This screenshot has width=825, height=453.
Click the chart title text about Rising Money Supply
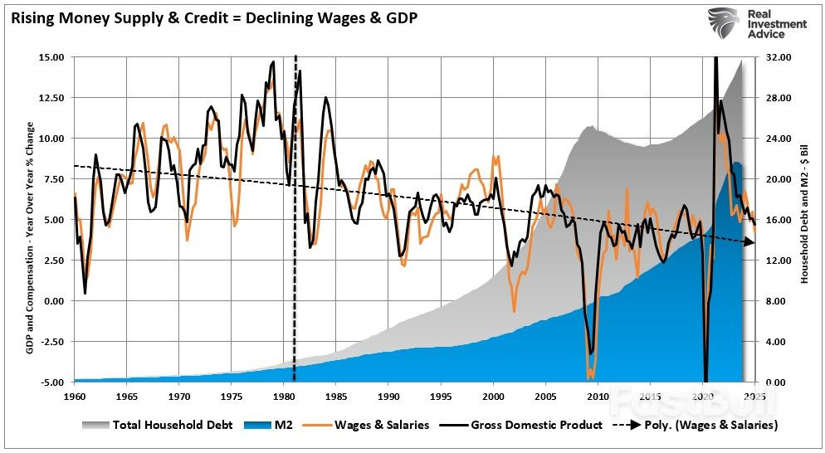[214, 16]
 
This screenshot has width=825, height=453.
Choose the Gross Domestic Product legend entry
[524, 425]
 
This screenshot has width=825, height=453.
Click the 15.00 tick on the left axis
[51, 57]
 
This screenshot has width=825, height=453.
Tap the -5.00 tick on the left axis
[51, 382]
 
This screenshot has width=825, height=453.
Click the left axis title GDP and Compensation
[30, 220]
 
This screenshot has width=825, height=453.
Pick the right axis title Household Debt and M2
[803, 220]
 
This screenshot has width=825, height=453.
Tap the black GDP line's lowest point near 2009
[591, 354]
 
